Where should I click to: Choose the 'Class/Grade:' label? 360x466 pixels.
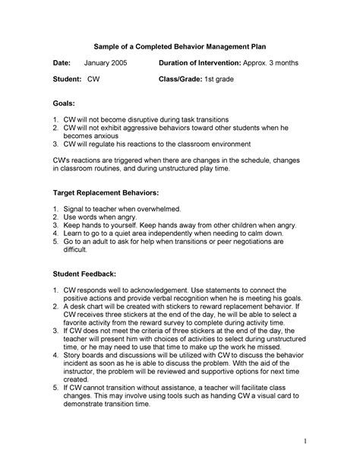(x=183, y=79)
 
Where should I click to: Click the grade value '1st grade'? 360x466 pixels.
(x=226, y=79)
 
